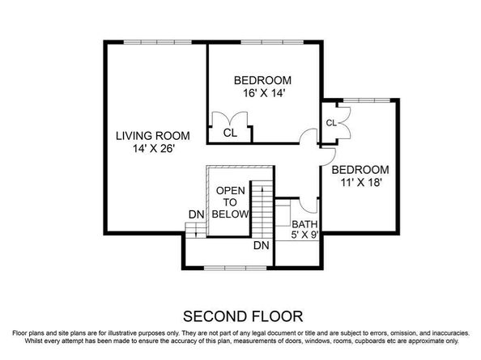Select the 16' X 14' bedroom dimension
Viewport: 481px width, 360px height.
[x=262, y=93]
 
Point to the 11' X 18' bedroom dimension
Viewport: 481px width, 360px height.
[x=360, y=183]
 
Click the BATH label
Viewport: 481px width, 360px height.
[x=304, y=225]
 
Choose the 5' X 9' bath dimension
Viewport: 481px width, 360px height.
[x=304, y=236]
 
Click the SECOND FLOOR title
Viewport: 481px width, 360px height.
[x=240, y=315]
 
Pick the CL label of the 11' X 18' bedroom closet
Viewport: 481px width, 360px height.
[x=331, y=123]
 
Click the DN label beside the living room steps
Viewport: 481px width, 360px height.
[x=196, y=214]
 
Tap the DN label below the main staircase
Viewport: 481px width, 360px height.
[x=261, y=245]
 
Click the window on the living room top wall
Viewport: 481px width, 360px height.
[x=154, y=41]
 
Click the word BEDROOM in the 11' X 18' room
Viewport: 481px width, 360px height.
[x=360, y=170]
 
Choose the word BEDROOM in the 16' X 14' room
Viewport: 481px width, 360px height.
[x=262, y=80]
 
